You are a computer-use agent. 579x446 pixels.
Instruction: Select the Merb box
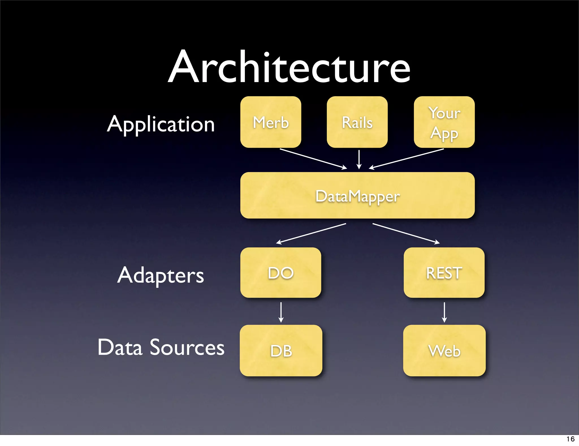(271, 122)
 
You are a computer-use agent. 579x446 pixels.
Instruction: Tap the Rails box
(357, 122)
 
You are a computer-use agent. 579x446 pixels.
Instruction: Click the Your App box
(444, 122)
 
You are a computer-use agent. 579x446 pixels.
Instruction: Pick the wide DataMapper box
(357, 195)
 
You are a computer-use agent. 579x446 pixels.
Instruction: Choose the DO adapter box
(280, 273)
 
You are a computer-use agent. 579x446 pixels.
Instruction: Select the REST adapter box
(444, 273)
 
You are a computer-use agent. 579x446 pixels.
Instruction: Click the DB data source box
(281, 350)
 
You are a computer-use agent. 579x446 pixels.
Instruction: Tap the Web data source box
(444, 350)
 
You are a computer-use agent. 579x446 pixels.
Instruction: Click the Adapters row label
(161, 275)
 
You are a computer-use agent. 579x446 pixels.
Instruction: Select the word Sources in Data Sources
(187, 347)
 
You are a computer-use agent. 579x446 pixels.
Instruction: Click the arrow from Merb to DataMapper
(313, 159)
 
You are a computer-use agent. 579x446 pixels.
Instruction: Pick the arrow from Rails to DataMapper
(359, 159)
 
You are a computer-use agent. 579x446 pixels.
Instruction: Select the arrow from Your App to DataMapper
(407, 159)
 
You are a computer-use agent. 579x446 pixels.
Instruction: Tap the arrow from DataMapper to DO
(311, 233)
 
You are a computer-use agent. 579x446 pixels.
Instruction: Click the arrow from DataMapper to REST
(406, 233)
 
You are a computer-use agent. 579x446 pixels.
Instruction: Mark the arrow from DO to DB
(281, 312)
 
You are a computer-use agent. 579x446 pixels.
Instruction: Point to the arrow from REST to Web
(444, 312)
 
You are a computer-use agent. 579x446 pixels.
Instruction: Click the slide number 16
(570, 439)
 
